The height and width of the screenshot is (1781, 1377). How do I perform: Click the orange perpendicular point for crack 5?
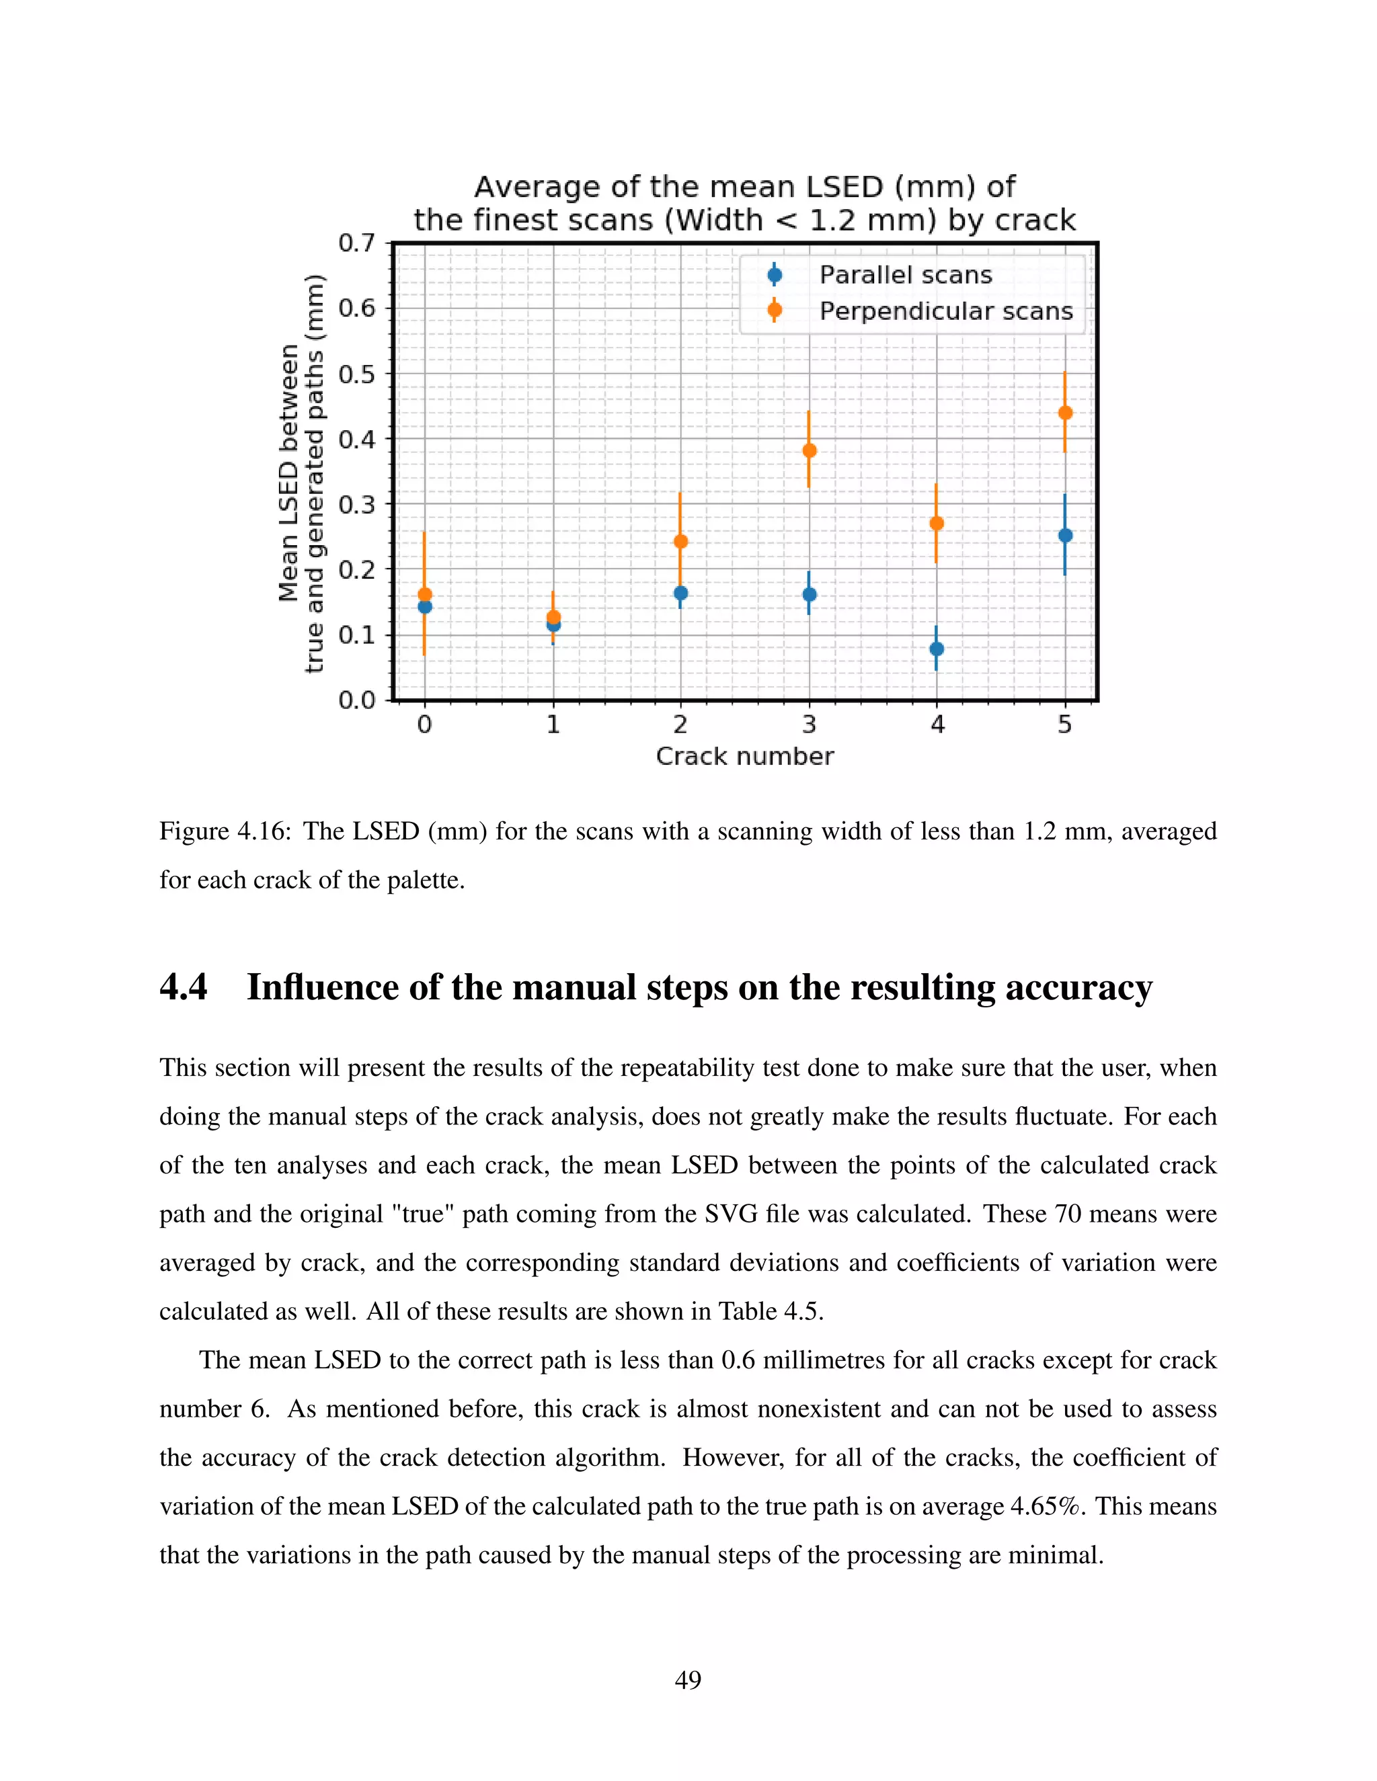click(1064, 413)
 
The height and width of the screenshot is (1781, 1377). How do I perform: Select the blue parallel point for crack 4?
click(937, 649)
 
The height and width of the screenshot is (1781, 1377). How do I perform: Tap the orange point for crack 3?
click(810, 450)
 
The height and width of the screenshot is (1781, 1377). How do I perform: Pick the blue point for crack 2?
click(680, 593)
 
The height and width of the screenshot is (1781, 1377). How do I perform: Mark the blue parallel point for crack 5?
click(1064, 536)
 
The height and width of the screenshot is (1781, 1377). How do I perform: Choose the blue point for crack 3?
click(810, 595)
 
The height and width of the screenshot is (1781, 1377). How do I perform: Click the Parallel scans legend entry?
click(905, 276)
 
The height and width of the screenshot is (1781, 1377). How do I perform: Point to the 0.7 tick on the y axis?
click(356, 243)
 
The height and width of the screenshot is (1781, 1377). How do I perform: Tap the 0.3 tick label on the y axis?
click(356, 505)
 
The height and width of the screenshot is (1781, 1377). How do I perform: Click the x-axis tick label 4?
click(937, 724)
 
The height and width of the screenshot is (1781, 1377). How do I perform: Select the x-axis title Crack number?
click(745, 757)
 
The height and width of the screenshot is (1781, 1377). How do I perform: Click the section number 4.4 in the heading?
click(184, 987)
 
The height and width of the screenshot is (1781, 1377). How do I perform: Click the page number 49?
click(688, 1680)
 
